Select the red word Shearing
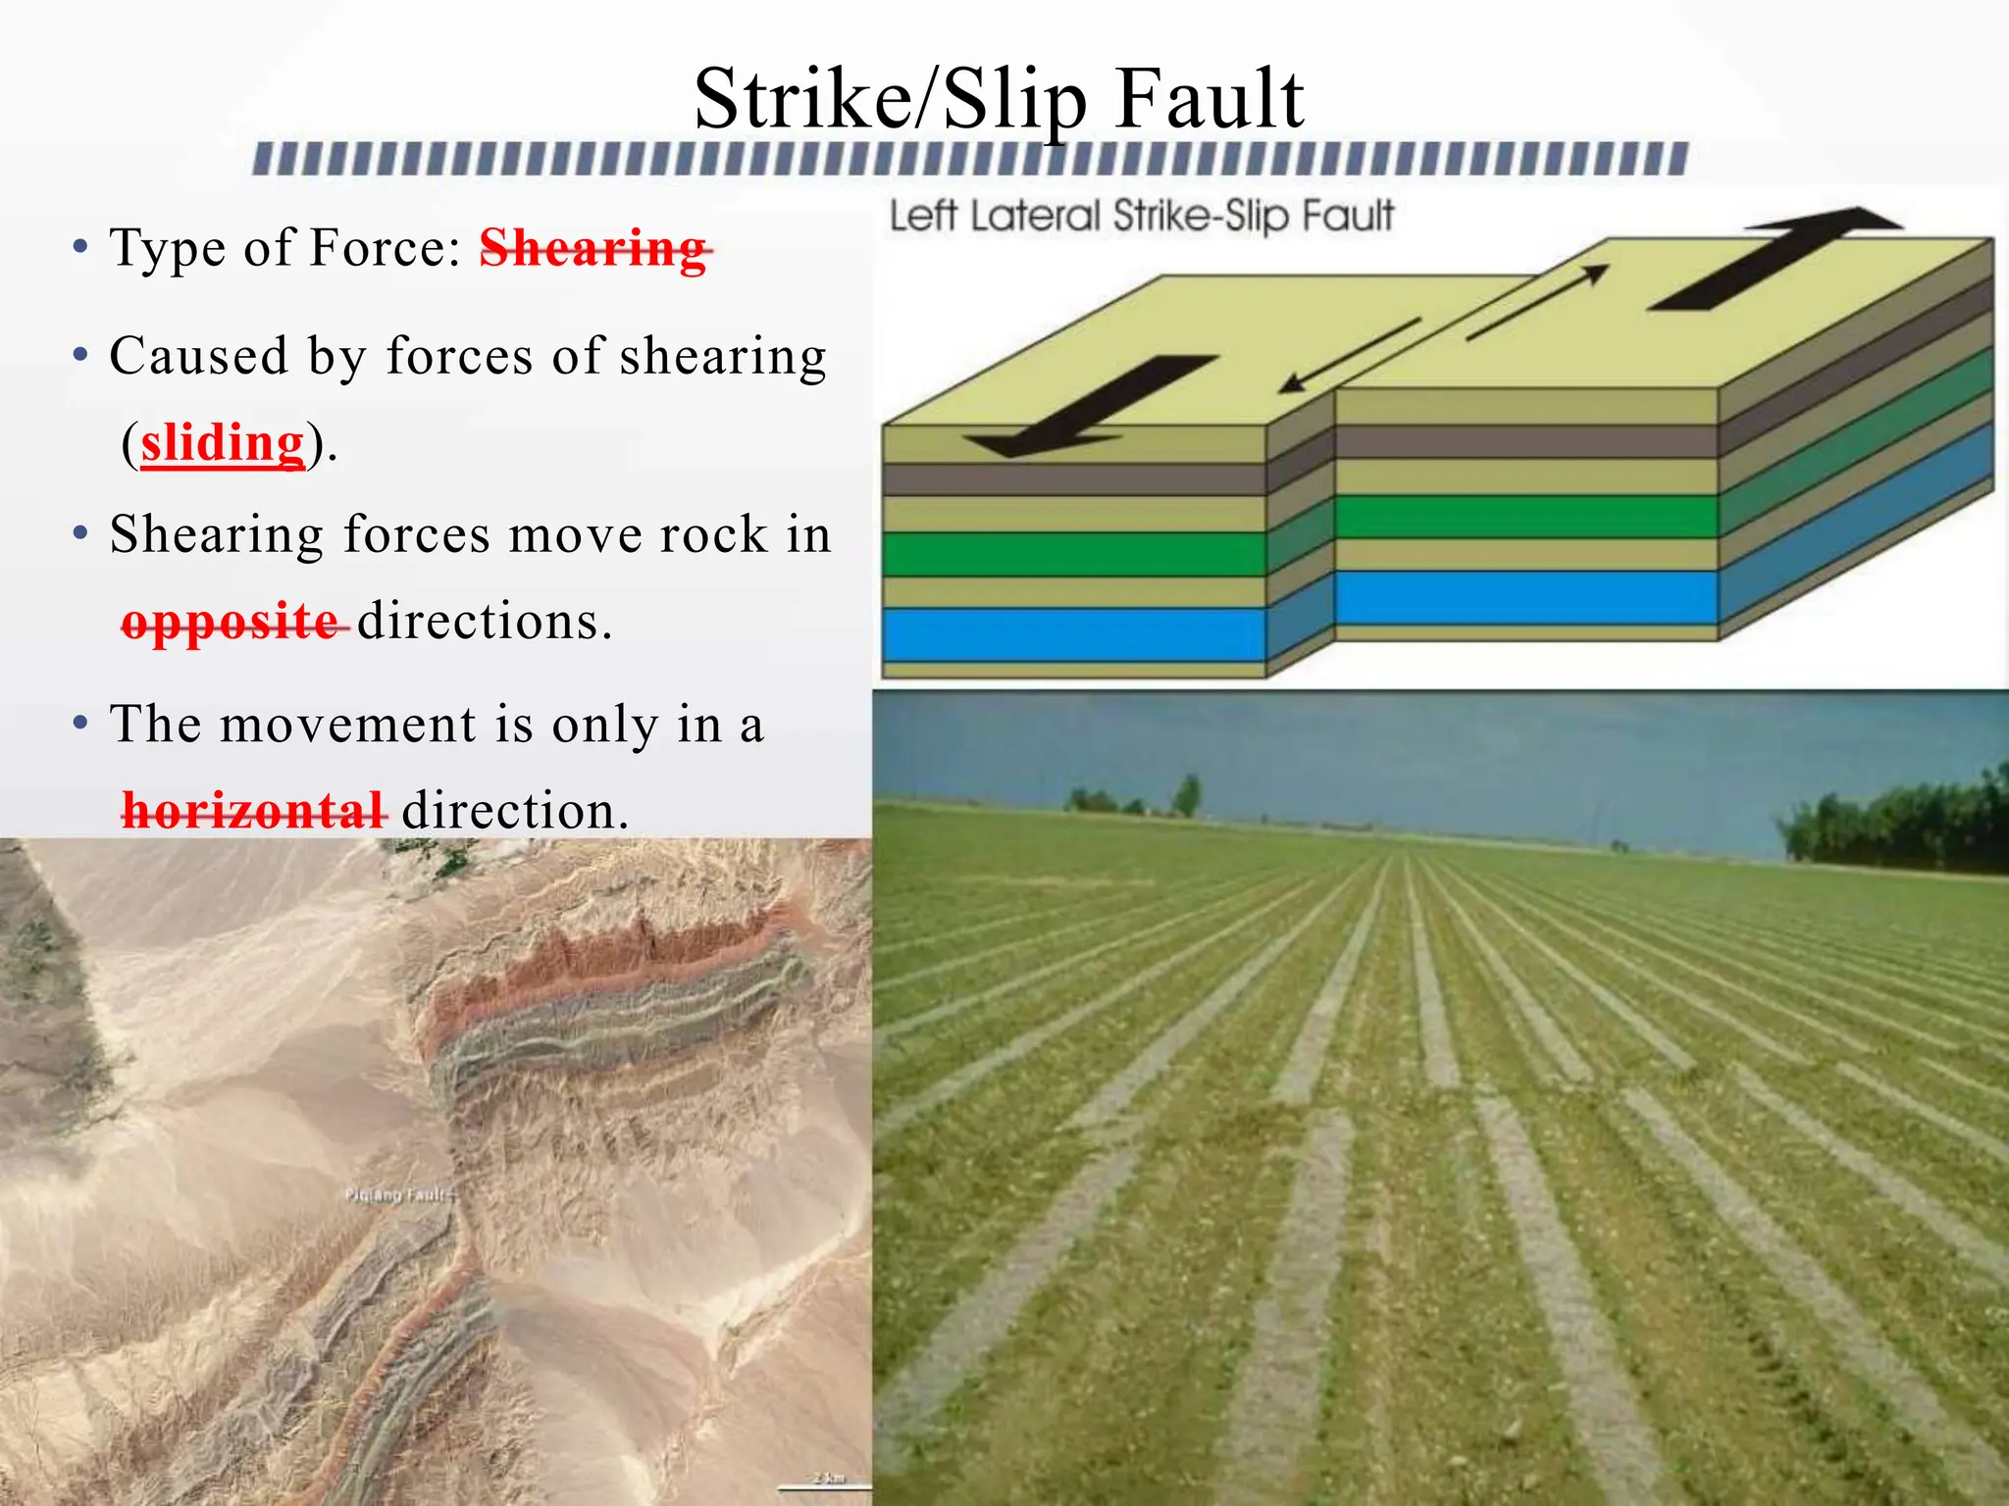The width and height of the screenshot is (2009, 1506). tap(593, 247)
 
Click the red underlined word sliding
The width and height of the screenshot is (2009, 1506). tap(223, 443)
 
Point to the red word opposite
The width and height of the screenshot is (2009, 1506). tap(232, 622)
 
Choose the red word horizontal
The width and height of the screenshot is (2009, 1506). tap(253, 811)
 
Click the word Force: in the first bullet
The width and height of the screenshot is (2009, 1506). tap(385, 247)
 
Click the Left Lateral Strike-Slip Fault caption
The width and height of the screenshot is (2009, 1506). tap(1141, 216)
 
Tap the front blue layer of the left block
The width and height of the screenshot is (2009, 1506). tap(1073, 634)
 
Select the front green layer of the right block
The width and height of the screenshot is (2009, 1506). tap(1525, 517)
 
